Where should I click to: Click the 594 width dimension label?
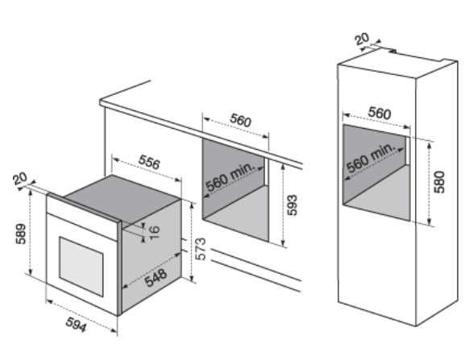click(x=77, y=325)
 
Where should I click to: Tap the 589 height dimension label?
click(x=21, y=234)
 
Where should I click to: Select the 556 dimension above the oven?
click(x=149, y=162)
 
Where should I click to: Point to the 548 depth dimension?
click(x=156, y=278)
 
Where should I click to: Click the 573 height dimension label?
click(x=200, y=249)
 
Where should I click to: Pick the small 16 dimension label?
click(x=154, y=232)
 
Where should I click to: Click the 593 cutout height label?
click(x=292, y=205)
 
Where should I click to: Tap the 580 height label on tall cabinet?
click(x=439, y=182)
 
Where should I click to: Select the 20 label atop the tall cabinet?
click(x=362, y=39)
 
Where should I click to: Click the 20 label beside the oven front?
click(x=20, y=179)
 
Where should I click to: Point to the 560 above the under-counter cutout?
click(x=240, y=120)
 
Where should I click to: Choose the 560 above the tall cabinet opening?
click(x=380, y=113)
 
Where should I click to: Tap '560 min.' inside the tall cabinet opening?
click(x=371, y=157)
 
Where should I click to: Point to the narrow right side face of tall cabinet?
click(x=437, y=193)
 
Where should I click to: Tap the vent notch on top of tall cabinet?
click(x=393, y=51)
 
